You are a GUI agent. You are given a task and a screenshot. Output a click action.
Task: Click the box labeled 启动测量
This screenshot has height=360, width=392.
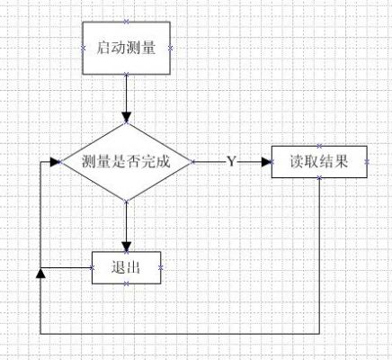(x=127, y=48)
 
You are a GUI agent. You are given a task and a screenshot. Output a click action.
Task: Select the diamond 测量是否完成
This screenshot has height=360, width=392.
(x=126, y=162)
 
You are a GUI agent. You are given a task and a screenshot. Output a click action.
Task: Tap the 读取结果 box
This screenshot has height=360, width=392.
(x=319, y=162)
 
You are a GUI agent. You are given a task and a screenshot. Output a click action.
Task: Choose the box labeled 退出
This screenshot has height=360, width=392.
(x=126, y=267)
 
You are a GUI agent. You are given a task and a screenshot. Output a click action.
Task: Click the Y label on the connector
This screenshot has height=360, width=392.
(x=231, y=162)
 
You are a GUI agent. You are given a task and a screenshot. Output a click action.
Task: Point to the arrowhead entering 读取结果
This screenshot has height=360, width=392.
(x=266, y=162)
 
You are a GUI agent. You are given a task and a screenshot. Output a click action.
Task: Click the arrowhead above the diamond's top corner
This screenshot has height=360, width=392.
(x=127, y=117)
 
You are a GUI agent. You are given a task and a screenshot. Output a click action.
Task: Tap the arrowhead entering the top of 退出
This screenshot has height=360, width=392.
(x=127, y=247)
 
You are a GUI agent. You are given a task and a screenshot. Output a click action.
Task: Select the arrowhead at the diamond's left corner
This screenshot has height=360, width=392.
(x=55, y=162)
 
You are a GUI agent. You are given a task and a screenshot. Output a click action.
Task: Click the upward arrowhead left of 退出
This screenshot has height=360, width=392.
(x=40, y=274)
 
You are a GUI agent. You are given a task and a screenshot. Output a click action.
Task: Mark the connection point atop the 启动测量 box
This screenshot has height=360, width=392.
(x=126, y=22)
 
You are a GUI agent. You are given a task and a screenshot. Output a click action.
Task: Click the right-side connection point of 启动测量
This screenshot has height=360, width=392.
(x=171, y=48)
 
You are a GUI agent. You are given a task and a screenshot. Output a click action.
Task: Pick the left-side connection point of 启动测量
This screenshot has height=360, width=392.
(x=84, y=48)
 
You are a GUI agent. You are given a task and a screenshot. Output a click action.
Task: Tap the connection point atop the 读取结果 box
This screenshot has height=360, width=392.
(x=319, y=146)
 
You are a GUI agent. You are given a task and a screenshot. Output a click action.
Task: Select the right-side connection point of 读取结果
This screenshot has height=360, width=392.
(x=367, y=162)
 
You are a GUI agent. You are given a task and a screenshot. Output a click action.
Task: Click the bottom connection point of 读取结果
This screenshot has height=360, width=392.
(x=319, y=178)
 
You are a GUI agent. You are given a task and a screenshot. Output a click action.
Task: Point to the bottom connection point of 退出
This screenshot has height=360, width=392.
(x=127, y=283)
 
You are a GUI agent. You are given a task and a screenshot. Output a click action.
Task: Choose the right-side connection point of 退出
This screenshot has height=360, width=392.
(x=161, y=268)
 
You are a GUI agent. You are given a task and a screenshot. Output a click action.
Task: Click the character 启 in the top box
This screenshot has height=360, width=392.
(x=103, y=48)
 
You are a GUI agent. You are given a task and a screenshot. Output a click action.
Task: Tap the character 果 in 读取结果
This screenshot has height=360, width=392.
(x=342, y=162)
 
